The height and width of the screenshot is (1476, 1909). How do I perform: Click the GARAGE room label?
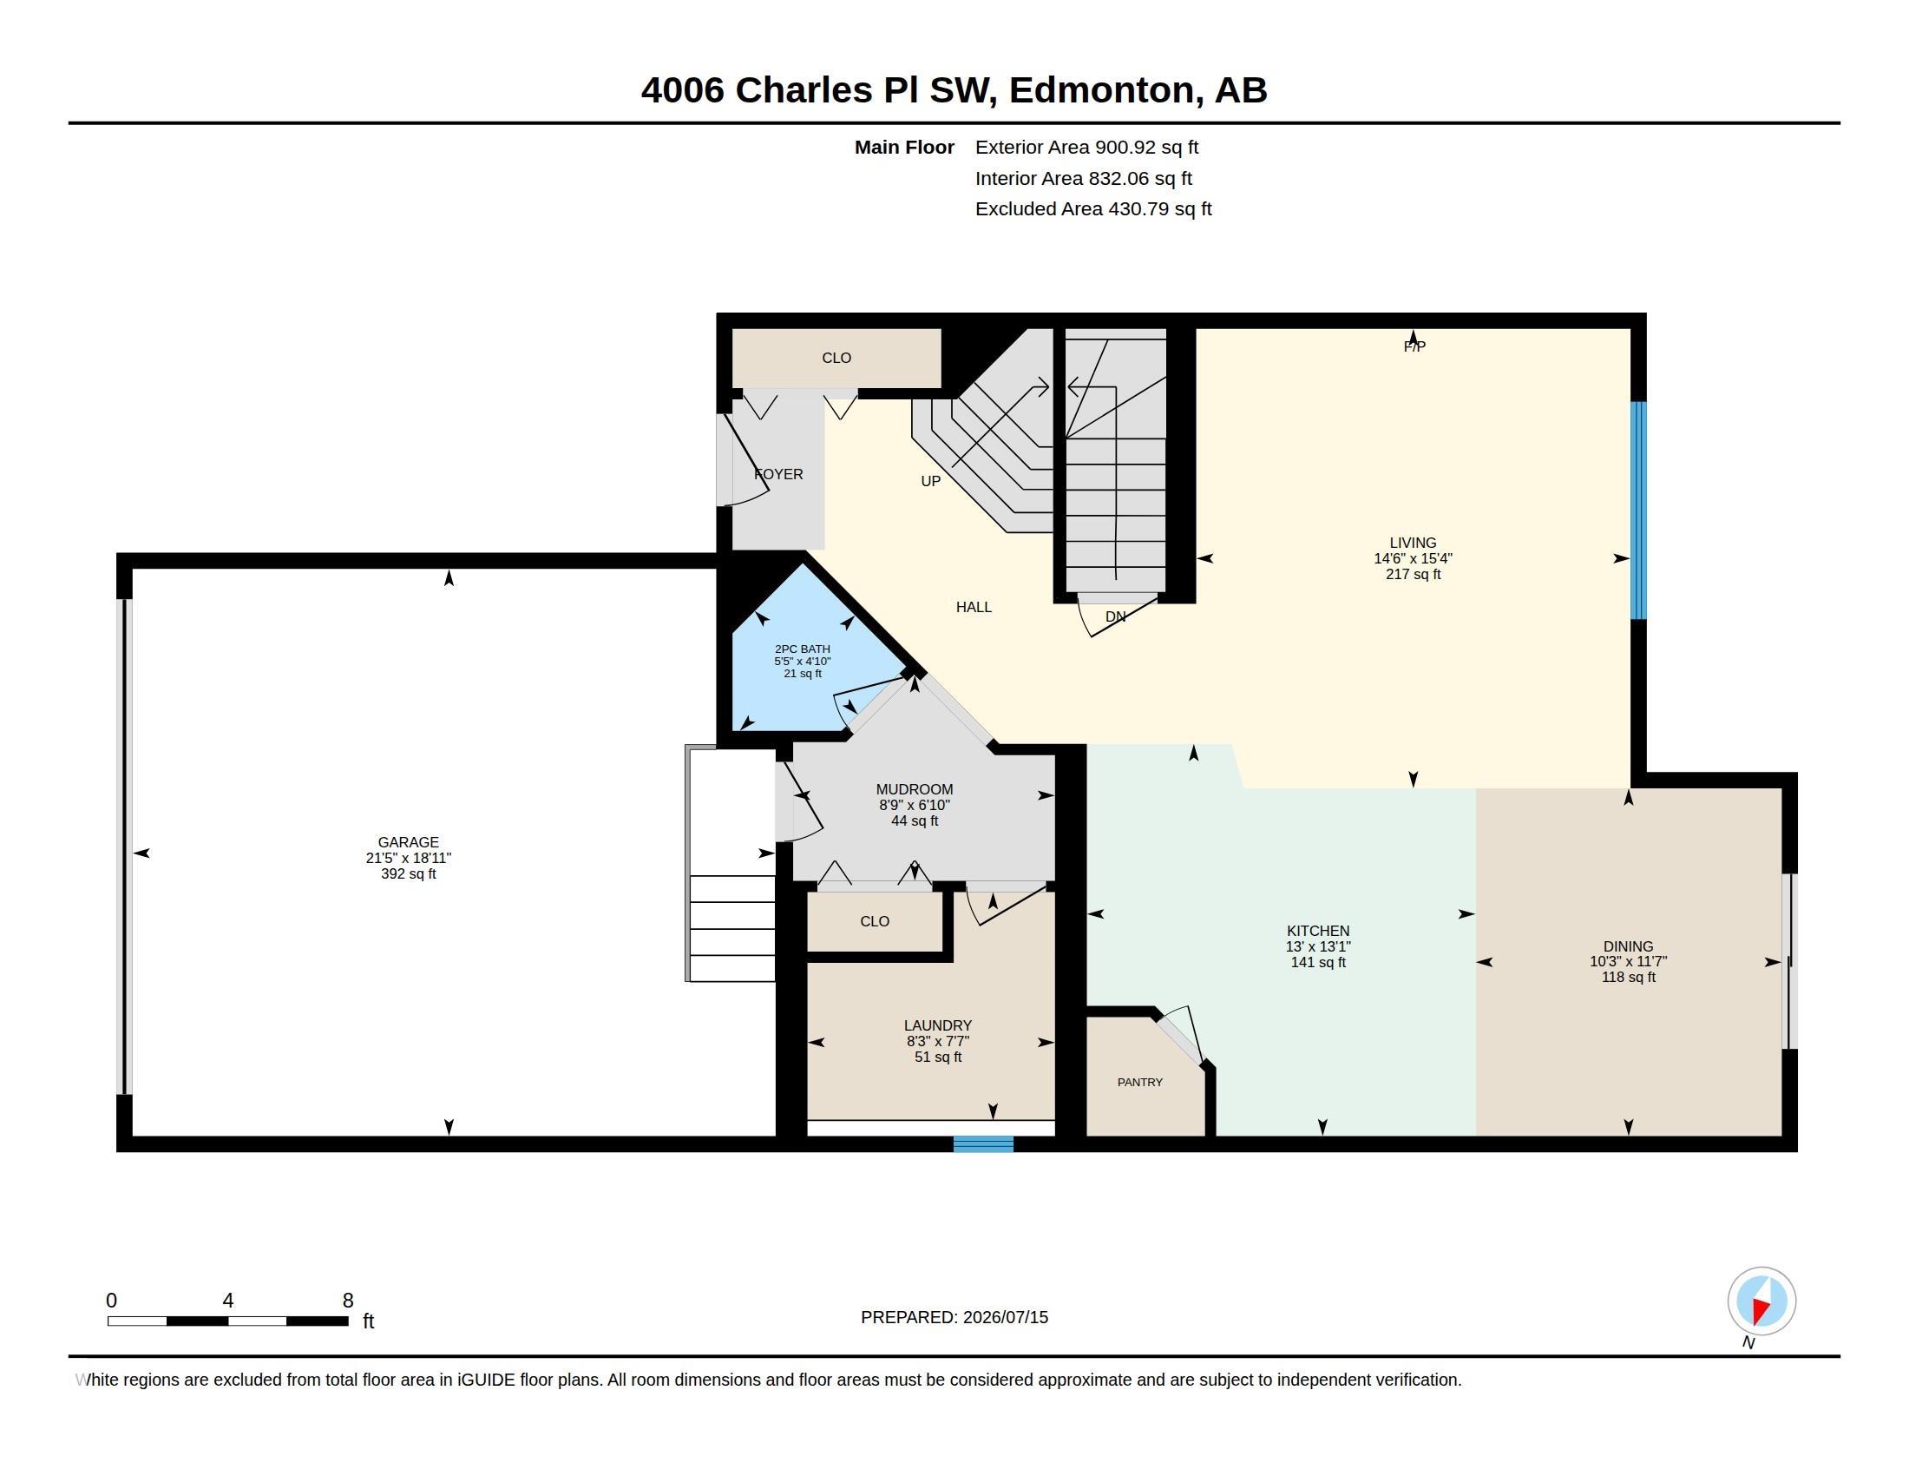click(408, 842)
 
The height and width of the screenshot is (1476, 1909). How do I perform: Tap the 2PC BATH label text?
click(803, 649)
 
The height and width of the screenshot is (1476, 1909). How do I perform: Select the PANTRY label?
click(1140, 1082)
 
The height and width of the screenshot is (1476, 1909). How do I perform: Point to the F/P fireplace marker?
click(1414, 346)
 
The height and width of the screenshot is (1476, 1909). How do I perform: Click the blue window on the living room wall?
click(1639, 510)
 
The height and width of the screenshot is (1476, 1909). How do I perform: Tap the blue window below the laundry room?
click(983, 1143)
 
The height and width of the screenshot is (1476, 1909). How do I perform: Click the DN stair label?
click(1115, 616)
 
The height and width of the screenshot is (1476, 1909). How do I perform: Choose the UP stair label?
click(930, 481)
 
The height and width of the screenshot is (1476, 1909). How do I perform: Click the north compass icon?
click(1761, 1301)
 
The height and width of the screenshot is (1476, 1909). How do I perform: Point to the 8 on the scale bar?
click(348, 1301)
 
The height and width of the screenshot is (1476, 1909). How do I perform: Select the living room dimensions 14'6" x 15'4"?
click(1413, 558)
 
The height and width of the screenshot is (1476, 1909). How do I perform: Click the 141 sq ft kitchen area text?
click(1318, 962)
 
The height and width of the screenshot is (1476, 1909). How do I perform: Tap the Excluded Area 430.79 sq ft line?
click(1093, 209)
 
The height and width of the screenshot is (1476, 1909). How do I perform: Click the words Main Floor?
click(904, 147)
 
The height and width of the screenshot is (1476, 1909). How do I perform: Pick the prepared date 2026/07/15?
click(1005, 1317)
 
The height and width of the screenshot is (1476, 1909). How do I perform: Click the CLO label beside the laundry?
click(874, 920)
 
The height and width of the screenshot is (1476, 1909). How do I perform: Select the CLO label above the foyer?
click(836, 358)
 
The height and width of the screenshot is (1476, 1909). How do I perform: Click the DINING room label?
click(1628, 946)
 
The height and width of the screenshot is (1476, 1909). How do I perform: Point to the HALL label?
click(974, 607)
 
